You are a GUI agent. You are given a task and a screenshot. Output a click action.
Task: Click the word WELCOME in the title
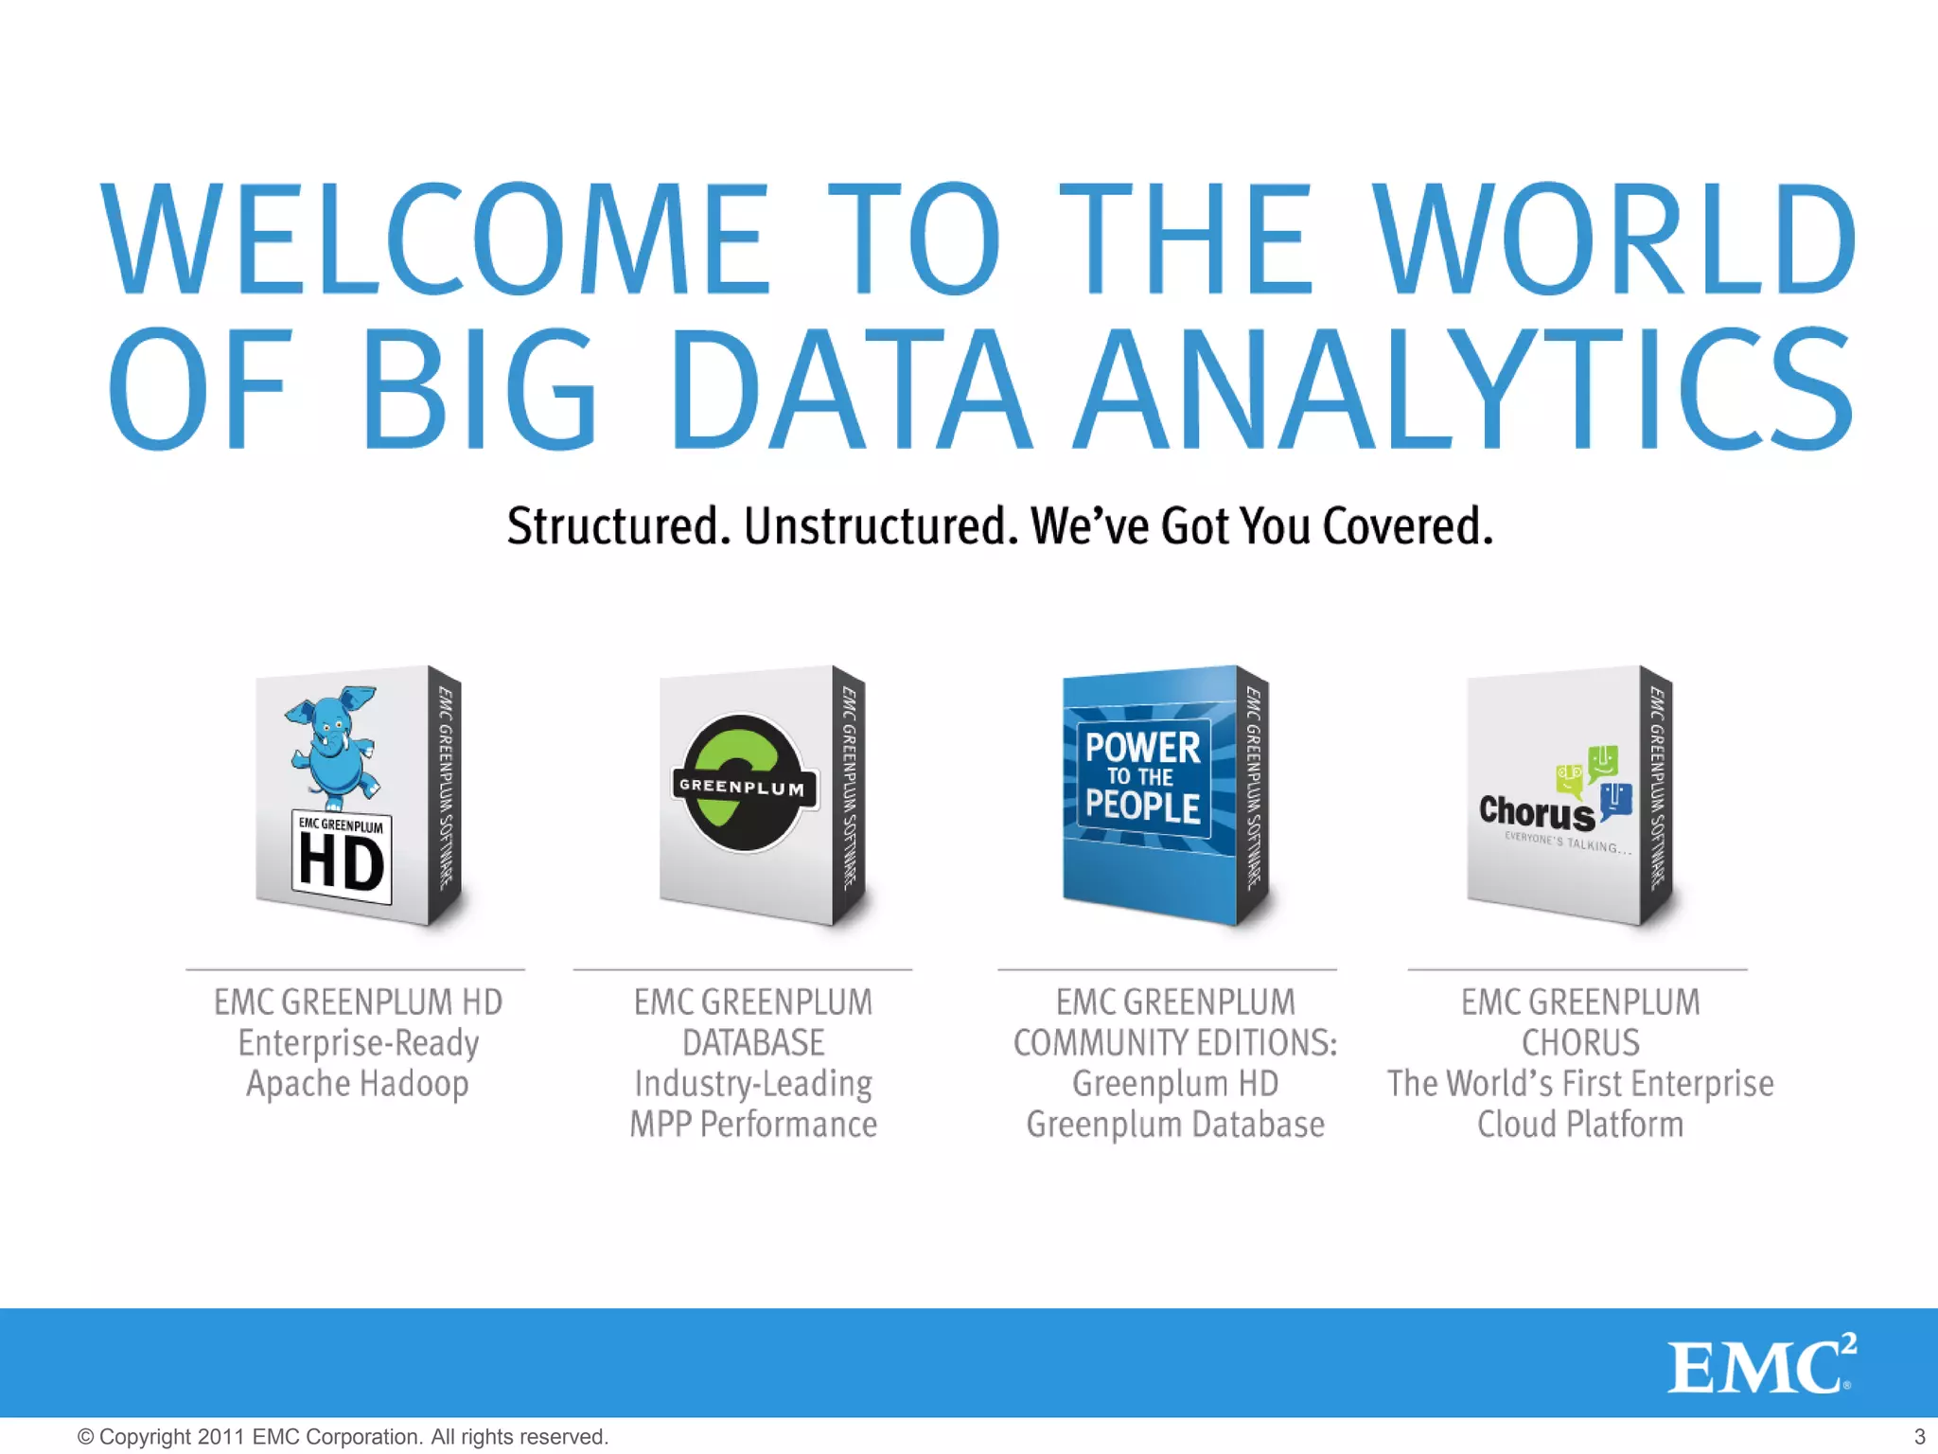click(x=435, y=239)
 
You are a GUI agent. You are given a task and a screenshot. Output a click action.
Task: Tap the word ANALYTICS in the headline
click(x=1465, y=388)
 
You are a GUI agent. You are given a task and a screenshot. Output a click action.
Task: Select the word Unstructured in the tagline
click(x=880, y=526)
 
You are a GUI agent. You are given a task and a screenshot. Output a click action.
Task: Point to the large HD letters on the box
click(x=342, y=863)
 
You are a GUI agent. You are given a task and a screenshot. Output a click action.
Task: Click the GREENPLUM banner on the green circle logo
click(x=743, y=787)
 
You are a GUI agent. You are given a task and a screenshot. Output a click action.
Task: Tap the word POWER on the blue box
click(x=1142, y=748)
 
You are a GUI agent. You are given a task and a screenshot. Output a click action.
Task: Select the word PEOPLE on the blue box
click(x=1142, y=807)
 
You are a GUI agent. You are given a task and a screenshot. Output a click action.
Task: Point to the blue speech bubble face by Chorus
click(x=1616, y=801)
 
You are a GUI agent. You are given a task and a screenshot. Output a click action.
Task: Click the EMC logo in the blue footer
click(x=1760, y=1365)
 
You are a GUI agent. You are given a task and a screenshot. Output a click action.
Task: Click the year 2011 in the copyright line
click(x=221, y=1437)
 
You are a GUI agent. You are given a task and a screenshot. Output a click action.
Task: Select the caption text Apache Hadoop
click(x=358, y=1084)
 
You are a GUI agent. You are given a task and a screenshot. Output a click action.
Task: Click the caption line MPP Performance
click(x=753, y=1125)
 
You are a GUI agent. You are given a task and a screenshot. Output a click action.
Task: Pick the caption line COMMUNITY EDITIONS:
click(x=1175, y=1043)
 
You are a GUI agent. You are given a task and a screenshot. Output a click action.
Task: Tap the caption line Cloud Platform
click(x=1580, y=1125)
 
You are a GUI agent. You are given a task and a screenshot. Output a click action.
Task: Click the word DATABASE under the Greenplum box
click(x=753, y=1043)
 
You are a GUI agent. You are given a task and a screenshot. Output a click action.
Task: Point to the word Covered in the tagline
click(x=1406, y=526)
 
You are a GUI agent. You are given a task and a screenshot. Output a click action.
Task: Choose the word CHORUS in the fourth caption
click(x=1580, y=1043)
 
